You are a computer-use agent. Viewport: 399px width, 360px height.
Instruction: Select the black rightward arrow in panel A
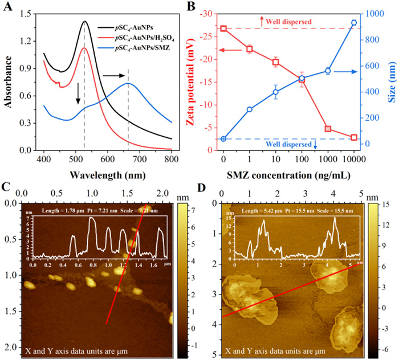pyautogui.click(x=114, y=75)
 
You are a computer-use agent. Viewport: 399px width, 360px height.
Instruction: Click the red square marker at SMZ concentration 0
pyautogui.click(x=223, y=28)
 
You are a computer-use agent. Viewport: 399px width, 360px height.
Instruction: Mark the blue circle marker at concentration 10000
pyautogui.click(x=354, y=23)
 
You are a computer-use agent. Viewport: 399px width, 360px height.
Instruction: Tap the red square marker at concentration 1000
pyautogui.click(x=328, y=129)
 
